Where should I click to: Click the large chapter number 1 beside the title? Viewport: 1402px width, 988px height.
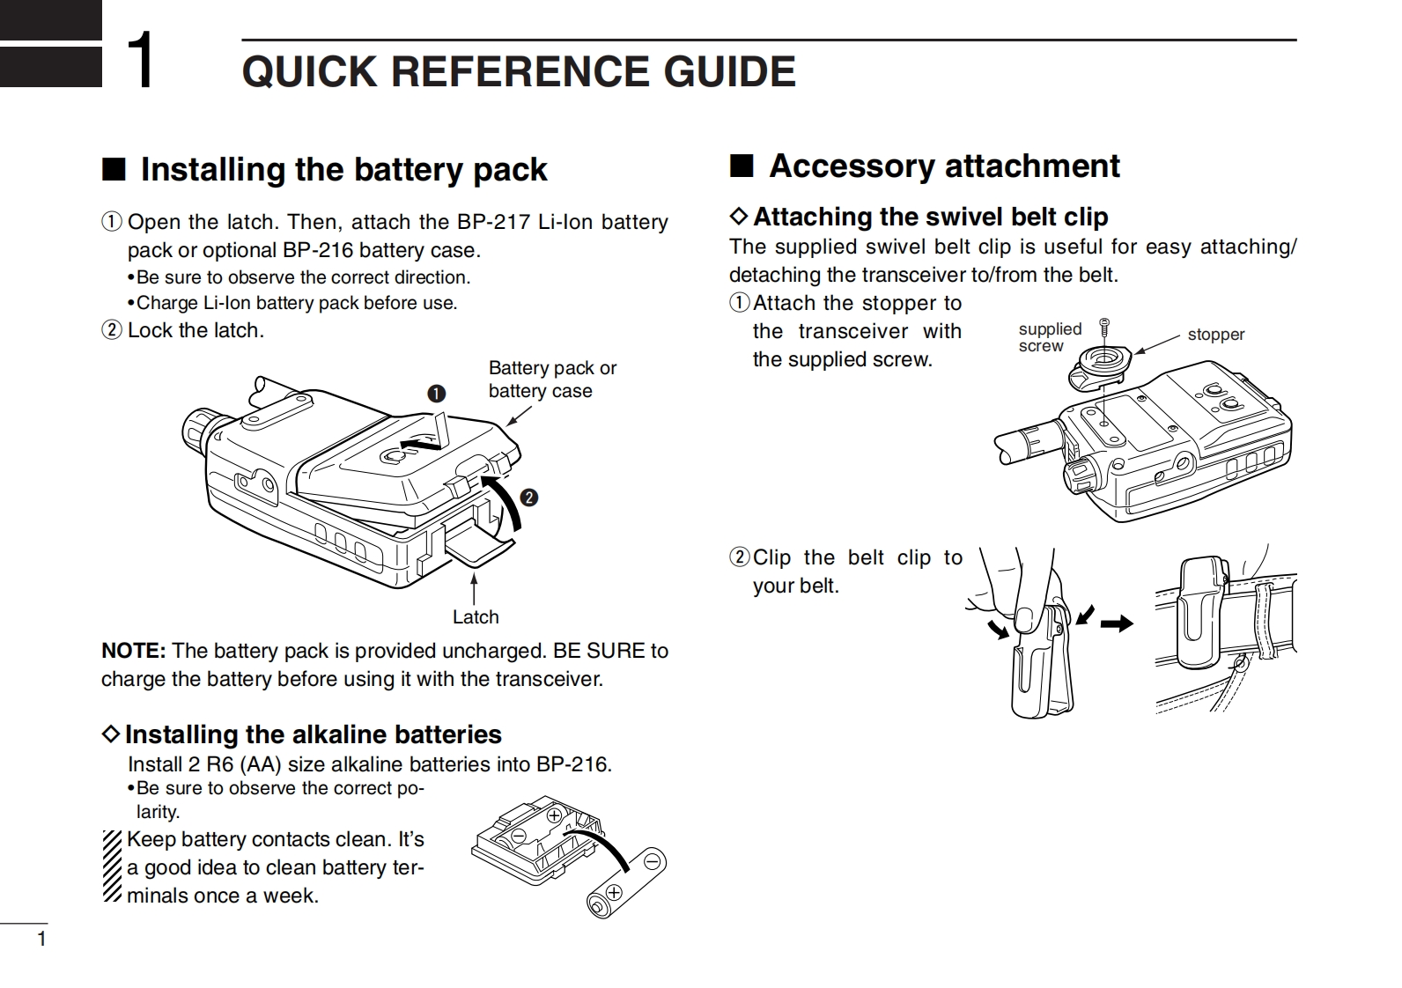pos(141,60)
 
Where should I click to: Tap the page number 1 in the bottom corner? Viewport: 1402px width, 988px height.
pos(42,939)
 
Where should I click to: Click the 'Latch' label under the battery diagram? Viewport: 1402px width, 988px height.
pos(476,617)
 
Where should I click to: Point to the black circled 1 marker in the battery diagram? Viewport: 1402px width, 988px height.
pos(436,394)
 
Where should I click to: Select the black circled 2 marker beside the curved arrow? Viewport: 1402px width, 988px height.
pos(529,498)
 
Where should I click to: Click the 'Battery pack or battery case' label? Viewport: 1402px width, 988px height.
pos(553,380)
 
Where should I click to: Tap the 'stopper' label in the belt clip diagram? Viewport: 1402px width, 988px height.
pos(1216,334)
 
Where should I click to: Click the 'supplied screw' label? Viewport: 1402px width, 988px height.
pos(1050,337)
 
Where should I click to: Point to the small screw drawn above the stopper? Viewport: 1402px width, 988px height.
pos(1104,328)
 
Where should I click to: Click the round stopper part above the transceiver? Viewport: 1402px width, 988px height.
pos(1100,366)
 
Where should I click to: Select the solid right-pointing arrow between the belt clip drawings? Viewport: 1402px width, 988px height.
pos(1117,623)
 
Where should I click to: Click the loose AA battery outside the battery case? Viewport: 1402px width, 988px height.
pos(626,883)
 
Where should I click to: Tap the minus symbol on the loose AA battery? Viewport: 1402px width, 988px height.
pos(653,861)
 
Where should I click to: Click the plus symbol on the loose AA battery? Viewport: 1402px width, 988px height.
pos(614,891)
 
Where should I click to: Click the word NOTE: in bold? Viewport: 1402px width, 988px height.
pos(133,651)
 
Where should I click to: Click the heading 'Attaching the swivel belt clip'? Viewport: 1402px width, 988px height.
pos(931,217)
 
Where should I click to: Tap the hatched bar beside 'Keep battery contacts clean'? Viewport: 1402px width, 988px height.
pos(112,866)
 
